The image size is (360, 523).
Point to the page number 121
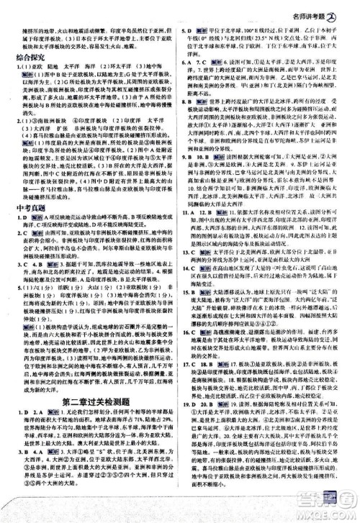[x=333, y=512]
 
